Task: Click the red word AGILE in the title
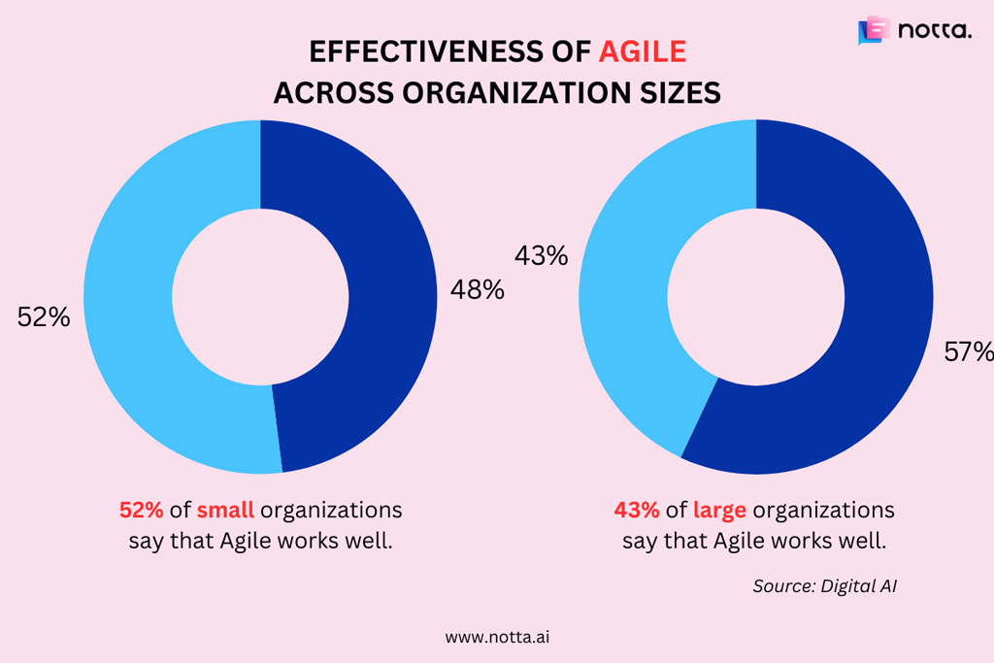pyautogui.click(x=643, y=50)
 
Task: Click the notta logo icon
pyautogui.click(x=872, y=31)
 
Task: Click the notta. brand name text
pyautogui.click(x=934, y=31)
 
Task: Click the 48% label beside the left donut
pyautogui.click(x=477, y=289)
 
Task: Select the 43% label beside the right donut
pyautogui.click(x=541, y=256)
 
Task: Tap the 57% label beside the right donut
pyautogui.click(x=968, y=351)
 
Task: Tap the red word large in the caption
pyautogui.click(x=719, y=510)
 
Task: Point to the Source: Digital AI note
pyautogui.click(x=824, y=586)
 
